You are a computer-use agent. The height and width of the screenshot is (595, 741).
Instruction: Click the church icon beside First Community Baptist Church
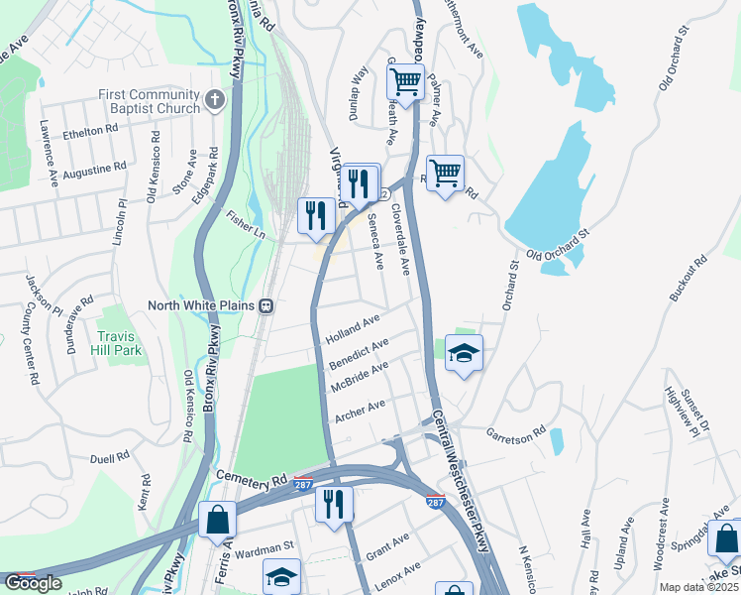point(217,101)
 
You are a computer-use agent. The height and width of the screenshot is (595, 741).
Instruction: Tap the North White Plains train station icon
point(266,305)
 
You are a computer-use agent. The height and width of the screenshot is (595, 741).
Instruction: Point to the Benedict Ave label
point(359,353)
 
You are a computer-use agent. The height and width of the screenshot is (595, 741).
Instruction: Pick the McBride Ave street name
point(359,377)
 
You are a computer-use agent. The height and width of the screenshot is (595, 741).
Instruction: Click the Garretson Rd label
point(516,433)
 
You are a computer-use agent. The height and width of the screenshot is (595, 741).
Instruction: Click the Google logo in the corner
point(33,583)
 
